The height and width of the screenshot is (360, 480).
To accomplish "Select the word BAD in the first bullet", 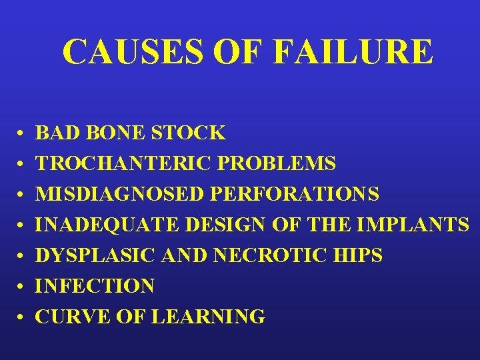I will tap(55, 133).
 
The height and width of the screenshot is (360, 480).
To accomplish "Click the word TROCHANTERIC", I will tap(106, 163).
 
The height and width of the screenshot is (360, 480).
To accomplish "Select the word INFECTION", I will tap(95, 286).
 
